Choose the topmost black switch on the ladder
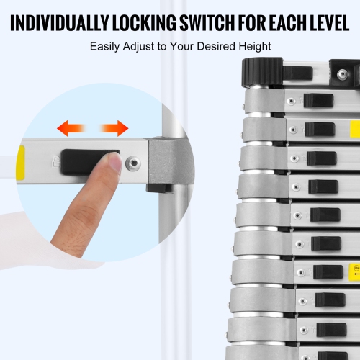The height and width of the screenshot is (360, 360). click(x=318, y=101)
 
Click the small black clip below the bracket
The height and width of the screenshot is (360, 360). click(x=158, y=189)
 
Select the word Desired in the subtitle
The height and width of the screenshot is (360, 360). click(x=217, y=48)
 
